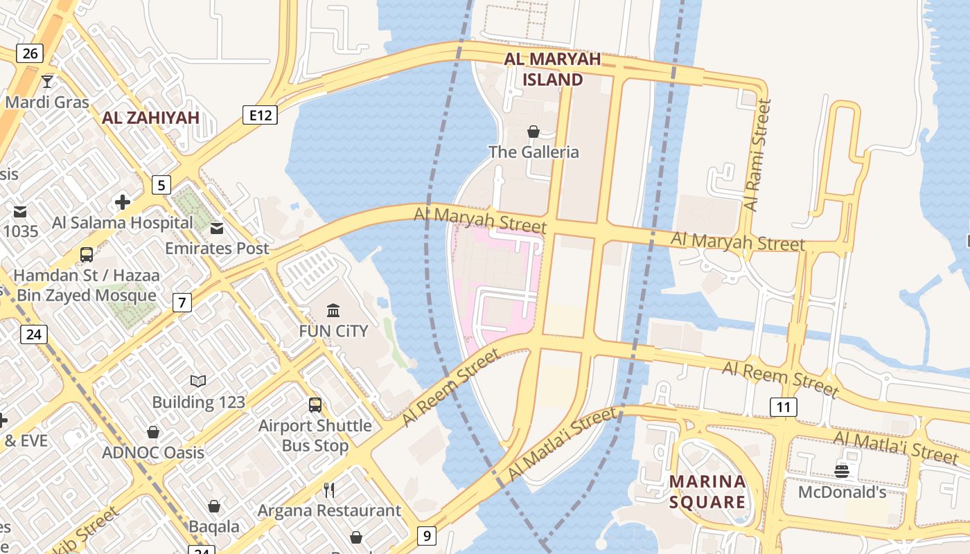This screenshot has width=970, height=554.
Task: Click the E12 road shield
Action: [261, 115]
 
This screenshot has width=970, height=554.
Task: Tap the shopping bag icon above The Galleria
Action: [533, 132]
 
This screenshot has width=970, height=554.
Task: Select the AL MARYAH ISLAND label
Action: [552, 69]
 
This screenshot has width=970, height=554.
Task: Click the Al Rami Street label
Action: [756, 155]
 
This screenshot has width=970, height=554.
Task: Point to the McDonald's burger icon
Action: [842, 472]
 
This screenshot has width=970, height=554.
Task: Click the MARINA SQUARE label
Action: [707, 491]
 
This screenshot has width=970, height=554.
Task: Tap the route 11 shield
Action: [783, 406]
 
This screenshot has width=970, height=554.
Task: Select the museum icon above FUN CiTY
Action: [333, 310]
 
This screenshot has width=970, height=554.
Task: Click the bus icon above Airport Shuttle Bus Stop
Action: [315, 404]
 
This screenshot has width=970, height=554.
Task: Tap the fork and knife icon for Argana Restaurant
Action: [329, 490]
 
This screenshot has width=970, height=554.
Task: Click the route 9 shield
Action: [427, 535]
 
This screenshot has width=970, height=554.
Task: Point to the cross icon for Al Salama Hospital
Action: [123, 202]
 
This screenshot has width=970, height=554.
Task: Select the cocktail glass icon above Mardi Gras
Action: [47, 82]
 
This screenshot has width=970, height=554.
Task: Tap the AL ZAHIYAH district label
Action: [150, 118]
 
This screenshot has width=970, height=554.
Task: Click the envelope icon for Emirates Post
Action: [217, 228]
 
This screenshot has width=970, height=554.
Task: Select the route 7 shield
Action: [182, 302]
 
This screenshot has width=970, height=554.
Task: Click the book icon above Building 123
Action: [198, 381]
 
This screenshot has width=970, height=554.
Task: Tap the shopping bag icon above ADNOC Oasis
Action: [153, 432]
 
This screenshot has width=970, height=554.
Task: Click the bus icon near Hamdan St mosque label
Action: [87, 254]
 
